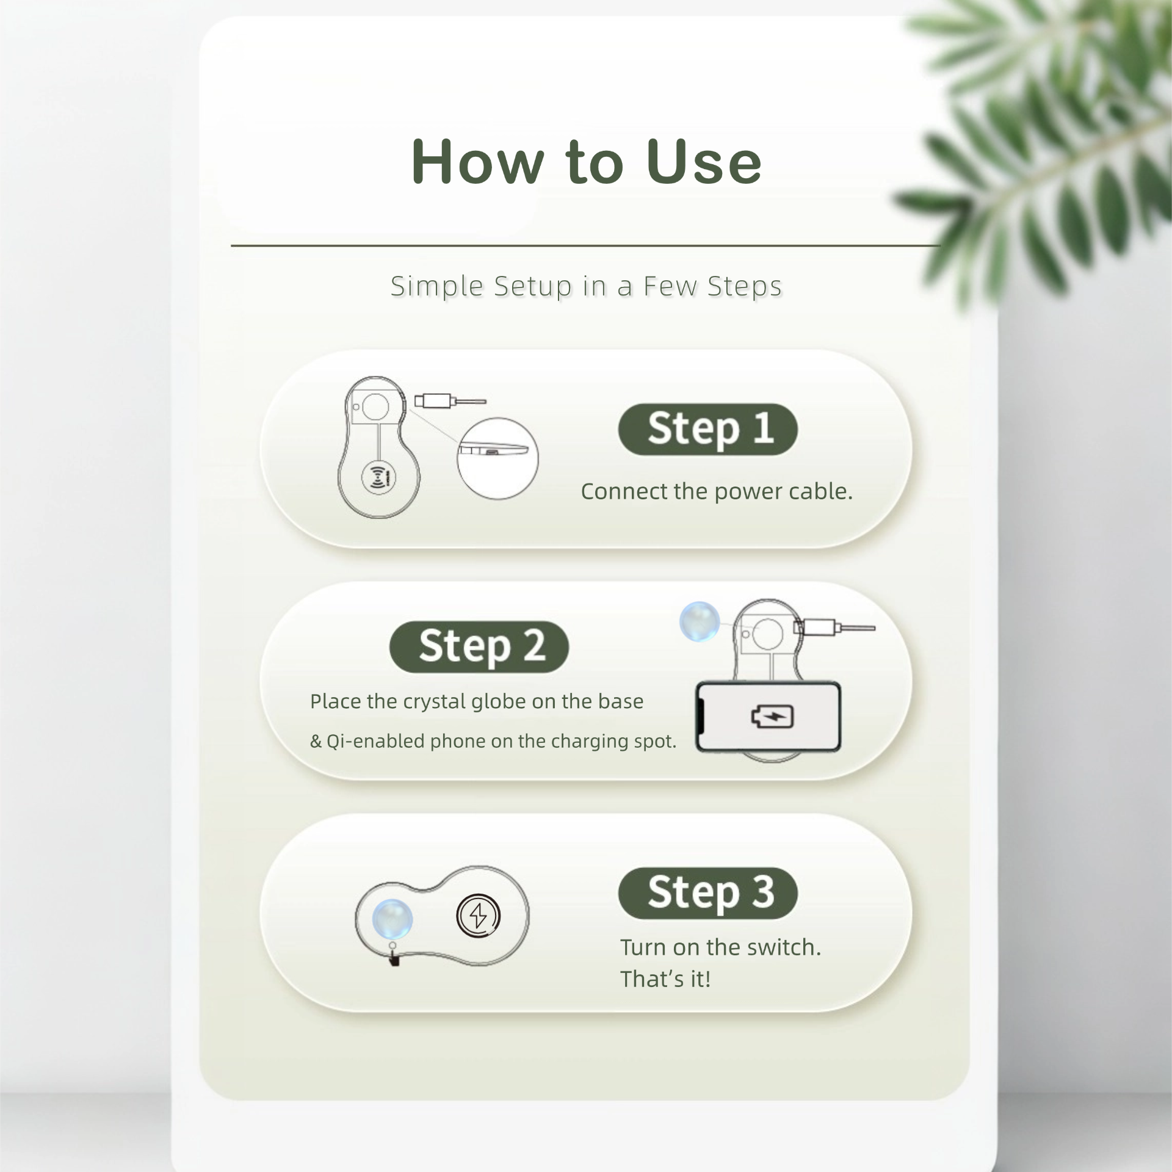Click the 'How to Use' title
(587, 161)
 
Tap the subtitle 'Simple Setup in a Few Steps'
(586, 286)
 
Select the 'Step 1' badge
(708, 429)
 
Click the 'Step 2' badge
(479, 647)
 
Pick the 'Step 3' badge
(708, 893)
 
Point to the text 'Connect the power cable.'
(717, 491)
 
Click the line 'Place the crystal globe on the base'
(477, 701)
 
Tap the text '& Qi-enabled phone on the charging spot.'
(493, 741)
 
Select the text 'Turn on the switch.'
(721, 947)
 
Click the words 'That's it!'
(665, 979)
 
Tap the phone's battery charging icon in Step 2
(772, 717)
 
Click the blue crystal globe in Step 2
(700, 621)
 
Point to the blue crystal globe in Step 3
(392, 919)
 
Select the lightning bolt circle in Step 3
(479, 916)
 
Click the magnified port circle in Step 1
(497, 458)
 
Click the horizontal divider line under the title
(585, 245)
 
